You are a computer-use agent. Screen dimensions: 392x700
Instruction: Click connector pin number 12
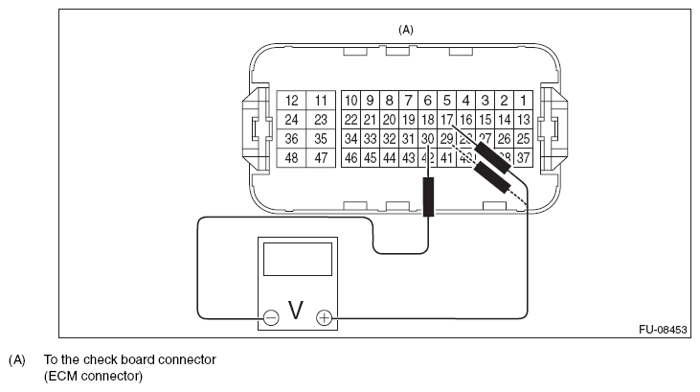tap(292, 101)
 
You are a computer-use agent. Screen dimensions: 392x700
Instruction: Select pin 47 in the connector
tap(321, 158)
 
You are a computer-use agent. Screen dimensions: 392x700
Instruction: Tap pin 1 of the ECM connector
tap(523, 101)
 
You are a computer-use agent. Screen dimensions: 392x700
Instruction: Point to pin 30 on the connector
tap(427, 139)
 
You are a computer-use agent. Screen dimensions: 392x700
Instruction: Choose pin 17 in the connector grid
tap(446, 120)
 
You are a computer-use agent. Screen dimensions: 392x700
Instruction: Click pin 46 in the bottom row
tap(351, 158)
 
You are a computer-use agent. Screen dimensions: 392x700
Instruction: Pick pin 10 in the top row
tap(351, 101)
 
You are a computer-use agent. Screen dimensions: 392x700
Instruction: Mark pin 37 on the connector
tap(523, 158)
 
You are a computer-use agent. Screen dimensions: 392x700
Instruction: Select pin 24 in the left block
tap(292, 120)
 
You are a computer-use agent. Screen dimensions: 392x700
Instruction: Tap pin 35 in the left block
tap(321, 139)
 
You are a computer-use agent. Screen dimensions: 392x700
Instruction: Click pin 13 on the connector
tap(523, 120)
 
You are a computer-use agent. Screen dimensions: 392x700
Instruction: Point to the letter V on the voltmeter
tap(297, 311)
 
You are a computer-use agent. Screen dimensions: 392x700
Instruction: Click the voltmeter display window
tap(297, 259)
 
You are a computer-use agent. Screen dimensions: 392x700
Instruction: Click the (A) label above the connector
tap(406, 30)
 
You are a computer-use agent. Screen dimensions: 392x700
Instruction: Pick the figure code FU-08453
tap(663, 329)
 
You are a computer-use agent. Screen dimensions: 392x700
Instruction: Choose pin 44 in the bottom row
tap(390, 158)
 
